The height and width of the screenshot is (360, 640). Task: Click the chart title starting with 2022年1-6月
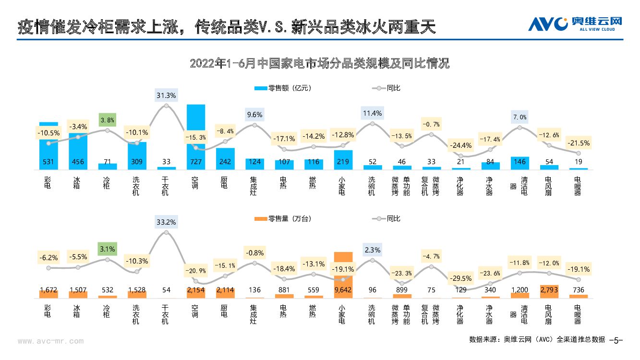point(320,63)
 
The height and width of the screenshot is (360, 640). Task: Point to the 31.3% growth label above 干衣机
point(166,95)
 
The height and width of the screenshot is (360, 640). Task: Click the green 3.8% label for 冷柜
point(107,120)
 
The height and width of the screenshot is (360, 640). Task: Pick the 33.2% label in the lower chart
point(166,222)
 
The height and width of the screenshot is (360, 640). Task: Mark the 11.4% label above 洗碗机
point(373,113)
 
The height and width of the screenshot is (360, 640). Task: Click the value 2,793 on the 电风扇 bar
point(549,289)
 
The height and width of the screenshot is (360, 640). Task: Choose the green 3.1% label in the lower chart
point(107,249)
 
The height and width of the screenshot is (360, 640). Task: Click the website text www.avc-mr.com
point(50,342)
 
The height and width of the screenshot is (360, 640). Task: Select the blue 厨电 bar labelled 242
point(225,158)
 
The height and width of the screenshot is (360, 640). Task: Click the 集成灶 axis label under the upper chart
point(254,186)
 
